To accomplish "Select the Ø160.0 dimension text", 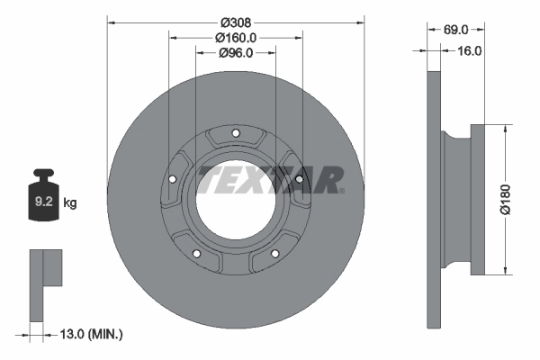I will [x=237, y=38].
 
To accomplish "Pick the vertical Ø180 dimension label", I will [x=507, y=197].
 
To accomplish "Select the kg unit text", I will [x=70, y=203].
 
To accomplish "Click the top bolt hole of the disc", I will [x=236, y=135].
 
